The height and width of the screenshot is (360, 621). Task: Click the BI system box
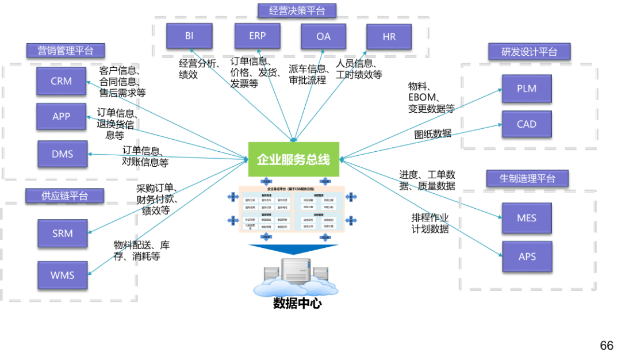coord(189,36)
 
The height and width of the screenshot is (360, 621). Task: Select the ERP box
coord(258,36)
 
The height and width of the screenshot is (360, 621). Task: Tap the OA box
coord(324,36)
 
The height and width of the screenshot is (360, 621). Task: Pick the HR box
coord(389,37)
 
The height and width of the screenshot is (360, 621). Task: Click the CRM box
coord(62,81)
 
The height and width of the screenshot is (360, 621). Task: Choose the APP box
coord(62,116)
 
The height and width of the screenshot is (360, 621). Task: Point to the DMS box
coord(63,154)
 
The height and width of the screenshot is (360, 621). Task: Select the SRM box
coord(63,233)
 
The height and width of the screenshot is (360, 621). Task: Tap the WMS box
coord(63,275)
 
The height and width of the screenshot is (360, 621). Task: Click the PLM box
coord(527,89)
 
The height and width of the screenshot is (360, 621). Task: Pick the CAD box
coord(527,124)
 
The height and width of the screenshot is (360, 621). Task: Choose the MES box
coord(527,218)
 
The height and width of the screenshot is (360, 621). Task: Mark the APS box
coord(527,256)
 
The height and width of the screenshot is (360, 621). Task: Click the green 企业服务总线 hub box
coord(294,159)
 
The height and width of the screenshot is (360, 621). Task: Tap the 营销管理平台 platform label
coord(66,50)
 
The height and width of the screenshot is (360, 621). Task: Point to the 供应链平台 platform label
coord(65,196)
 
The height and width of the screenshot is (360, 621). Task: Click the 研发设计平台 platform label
coord(529,51)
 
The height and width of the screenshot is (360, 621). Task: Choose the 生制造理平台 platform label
coord(527,178)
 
